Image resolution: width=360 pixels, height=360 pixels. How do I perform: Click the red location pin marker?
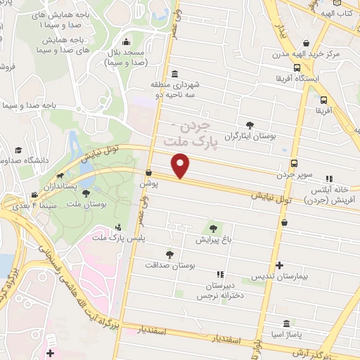tap(181, 166)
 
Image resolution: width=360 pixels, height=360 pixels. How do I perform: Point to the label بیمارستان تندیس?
tap(280, 276)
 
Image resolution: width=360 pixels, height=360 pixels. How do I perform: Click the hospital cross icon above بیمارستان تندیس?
tap(280, 266)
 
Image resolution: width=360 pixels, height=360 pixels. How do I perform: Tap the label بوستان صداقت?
tap(169, 265)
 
